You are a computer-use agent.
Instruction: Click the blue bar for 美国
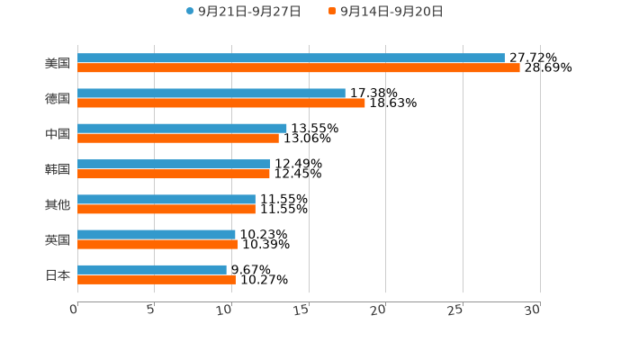click(x=291, y=58)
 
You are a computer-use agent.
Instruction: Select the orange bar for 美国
click(x=299, y=67)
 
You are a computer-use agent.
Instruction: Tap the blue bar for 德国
click(x=211, y=93)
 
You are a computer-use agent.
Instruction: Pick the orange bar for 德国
click(x=221, y=103)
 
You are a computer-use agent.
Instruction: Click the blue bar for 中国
click(x=182, y=129)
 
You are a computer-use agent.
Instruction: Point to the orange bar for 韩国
click(x=174, y=174)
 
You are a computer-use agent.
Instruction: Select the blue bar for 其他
click(x=166, y=199)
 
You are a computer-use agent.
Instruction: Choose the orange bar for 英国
click(x=157, y=244)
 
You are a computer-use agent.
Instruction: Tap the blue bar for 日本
click(x=152, y=269)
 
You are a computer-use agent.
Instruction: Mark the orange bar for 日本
click(x=157, y=279)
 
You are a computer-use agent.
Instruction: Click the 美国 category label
click(x=58, y=63)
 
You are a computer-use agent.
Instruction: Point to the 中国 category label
click(x=58, y=134)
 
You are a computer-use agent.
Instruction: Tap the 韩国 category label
click(x=58, y=169)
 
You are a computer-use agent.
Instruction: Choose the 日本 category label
click(x=58, y=274)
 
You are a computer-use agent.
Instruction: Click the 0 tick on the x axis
click(x=75, y=310)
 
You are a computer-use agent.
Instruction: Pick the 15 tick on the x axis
click(x=302, y=310)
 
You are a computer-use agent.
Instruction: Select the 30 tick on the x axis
click(x=533, y=310)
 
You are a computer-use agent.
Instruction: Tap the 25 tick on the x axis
click(x=456, y=310)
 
